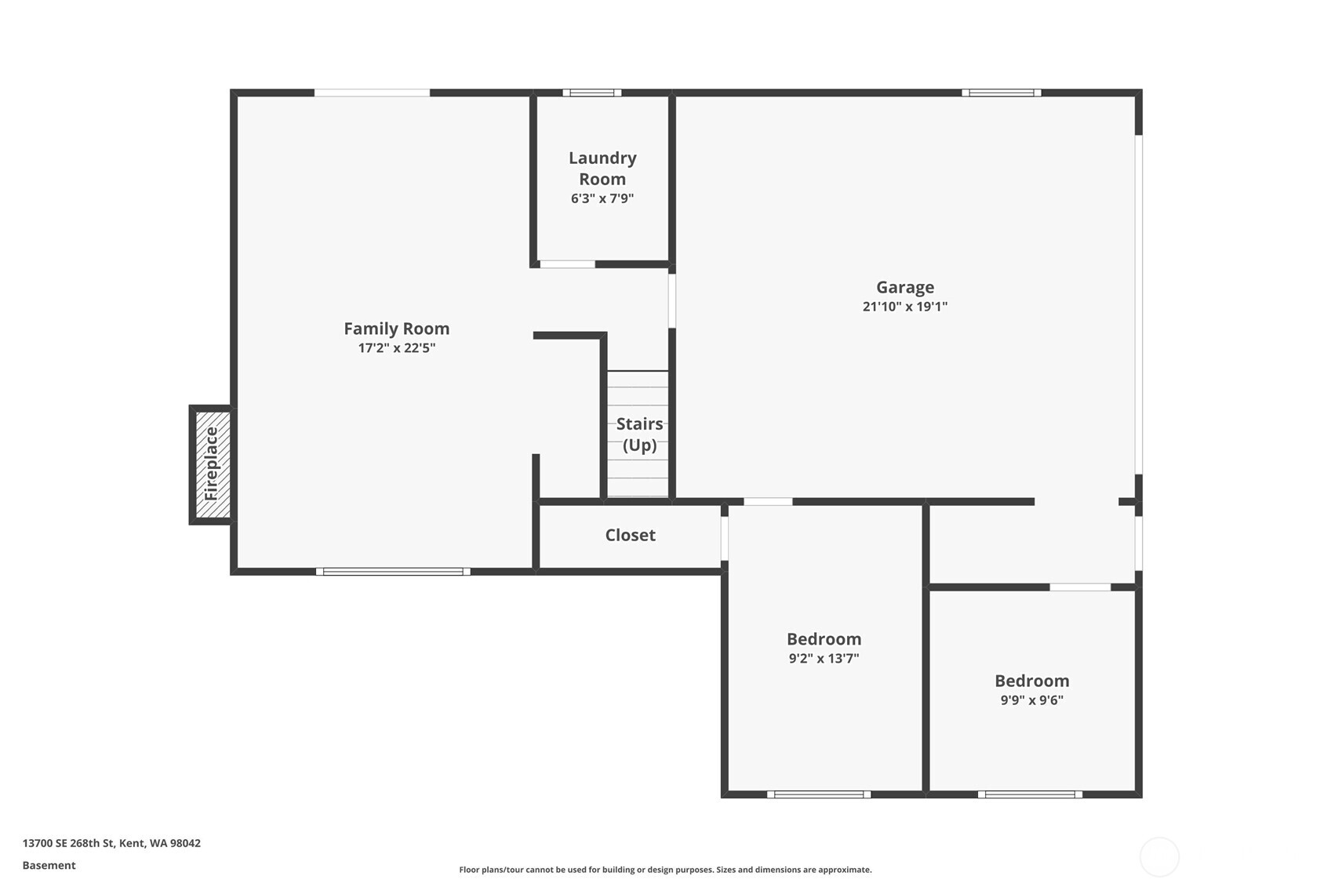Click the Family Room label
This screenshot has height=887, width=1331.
pos(396,329)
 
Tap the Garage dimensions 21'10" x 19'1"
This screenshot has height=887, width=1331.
pos(904,307)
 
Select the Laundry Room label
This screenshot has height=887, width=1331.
pos(602,169)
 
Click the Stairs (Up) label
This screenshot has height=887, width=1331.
pos(638,434)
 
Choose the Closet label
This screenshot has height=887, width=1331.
pos(630,535)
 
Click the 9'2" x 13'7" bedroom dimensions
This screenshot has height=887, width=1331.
pos(824,659)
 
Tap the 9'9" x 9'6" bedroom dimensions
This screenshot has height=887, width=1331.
pos(1031,700)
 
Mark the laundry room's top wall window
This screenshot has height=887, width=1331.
pos(592,93)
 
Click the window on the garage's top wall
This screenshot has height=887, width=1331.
pos(1002,93)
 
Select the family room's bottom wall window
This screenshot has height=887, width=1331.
pos(393,572)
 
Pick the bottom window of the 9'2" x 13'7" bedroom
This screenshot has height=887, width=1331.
pos(819,794)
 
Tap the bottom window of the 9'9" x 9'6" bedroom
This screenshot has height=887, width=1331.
pos(1030,794)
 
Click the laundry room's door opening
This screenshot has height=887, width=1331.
pos(567,264)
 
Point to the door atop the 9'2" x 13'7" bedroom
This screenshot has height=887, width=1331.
pos(768,502)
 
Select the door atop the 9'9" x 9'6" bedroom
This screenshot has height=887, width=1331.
pos(1080,587)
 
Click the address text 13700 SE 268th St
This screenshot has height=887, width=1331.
pos(111,843)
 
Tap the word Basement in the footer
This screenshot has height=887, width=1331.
pos(49,865)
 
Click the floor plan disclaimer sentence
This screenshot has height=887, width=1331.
pos(665,870)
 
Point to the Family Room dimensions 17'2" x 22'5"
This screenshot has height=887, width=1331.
pos(396,348)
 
